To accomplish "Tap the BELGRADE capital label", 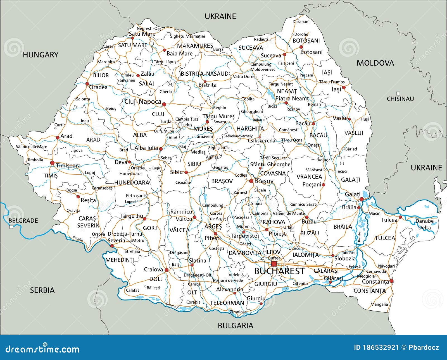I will point(23,221).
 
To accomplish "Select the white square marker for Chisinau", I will point(398,93).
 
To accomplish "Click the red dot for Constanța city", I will point(391,281).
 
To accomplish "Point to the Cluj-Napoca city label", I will point(143,102).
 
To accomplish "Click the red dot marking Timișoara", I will point(52,163).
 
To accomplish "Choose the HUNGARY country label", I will point(41,55).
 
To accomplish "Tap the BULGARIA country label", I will point(235,325).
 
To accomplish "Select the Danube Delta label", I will point(425,224).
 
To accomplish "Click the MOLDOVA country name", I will point(375,63).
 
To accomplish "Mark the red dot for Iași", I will point(344,87).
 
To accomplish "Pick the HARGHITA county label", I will point(250,129).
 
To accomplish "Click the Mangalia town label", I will point(379,304).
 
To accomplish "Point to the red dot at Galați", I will point(362,199).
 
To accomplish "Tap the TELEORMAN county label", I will point(227,303).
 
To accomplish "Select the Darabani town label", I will point(301,21).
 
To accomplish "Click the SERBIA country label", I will point(42,290).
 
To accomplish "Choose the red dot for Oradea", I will point(87,84).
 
